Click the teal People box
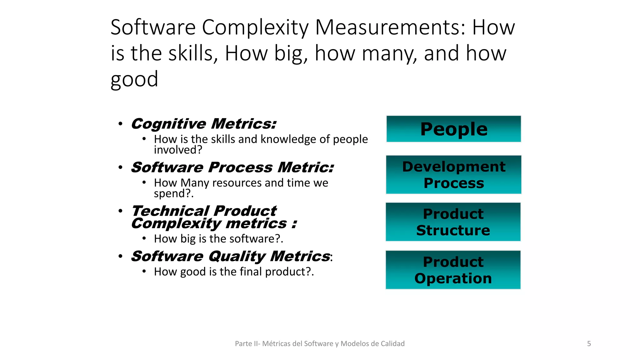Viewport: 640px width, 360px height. pyautogui.click(x=453, y=129)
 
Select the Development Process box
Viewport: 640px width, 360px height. pyautogui.click(x=453, y=175)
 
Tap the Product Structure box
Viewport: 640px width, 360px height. pyautogui.click(x=453, y=222)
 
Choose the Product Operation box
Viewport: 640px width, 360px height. pyautogui.click(x=453, y=270)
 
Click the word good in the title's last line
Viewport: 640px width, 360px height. pyautogui.click(x=134, y=79)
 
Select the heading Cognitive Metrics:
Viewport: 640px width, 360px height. pyautogui.click(x=204, y=124)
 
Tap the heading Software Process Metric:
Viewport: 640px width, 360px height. pyautogui.click(x=232, y=167)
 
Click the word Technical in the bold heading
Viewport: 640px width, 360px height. pyautogui.click(x=170, y=211)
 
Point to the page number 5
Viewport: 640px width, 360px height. pyautogui.click(x=589, y=344)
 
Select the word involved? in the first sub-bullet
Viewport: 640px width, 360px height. pyautogui.click(x=178, y=150)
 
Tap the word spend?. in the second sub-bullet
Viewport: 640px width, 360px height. pyautogui.click(x=174, y=194)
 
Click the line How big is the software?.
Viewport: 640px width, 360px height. pyautogui.click(x=218, y=239)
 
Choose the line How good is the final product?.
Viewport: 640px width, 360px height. pyautogui.click(x=234, y=272)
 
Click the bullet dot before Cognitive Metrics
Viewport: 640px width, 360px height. pyautogui.click(x=120, y=124)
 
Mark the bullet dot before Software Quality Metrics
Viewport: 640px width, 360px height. pyautogui.click(x=120, y=257)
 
